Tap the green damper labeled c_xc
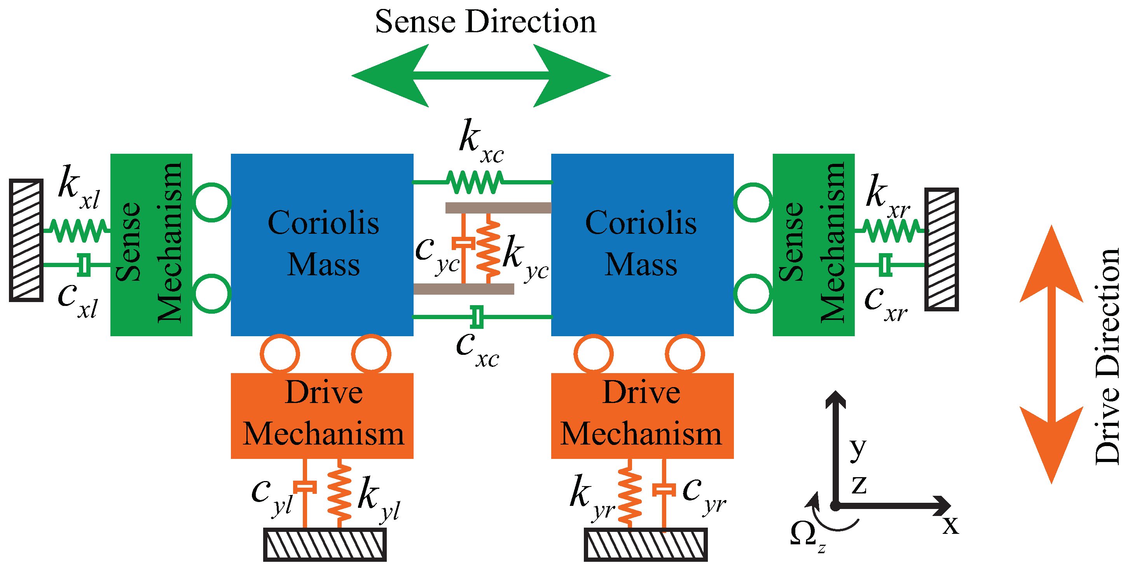[x=477, y=316]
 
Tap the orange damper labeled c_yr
[x=664, y=490]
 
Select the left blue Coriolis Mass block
[x=322, y=245]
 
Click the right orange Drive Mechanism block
[x=642, y=415]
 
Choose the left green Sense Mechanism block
[x=151, y=245]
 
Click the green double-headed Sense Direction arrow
[x=481, y=76]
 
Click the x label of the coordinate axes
[x=950, y=524]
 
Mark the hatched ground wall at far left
[x=26, y=240]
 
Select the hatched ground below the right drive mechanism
[x=645, y=545]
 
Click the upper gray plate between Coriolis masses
[x=498, y=208]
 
